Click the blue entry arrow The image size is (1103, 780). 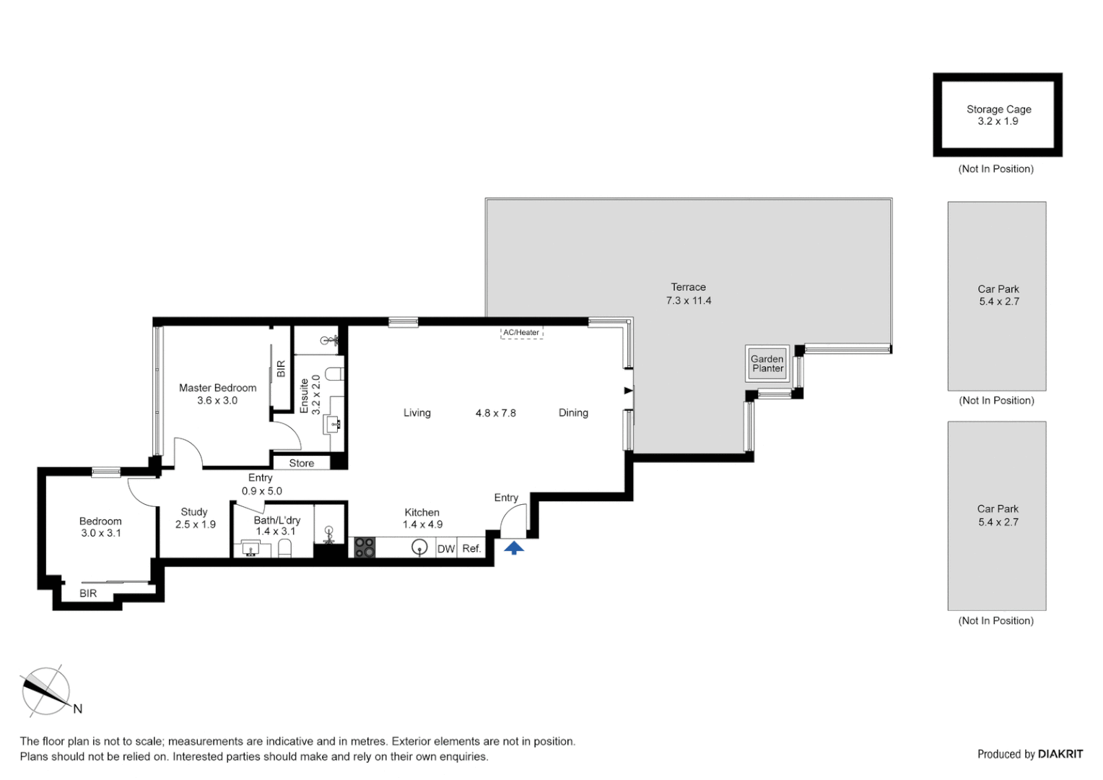click(x=514, y=548)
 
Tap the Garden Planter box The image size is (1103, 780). click(x=767, y=363)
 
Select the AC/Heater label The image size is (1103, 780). click(x=521, y=333)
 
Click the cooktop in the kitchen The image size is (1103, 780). click(x=365, y=547)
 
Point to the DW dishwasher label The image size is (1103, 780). click(x=446, y=549)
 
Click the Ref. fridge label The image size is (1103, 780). click(x=471, y=549)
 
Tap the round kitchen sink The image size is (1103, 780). click(x=419, y=547)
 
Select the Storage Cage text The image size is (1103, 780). click(x=998, y=109)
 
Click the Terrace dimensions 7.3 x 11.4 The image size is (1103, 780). click(x=688, y=300)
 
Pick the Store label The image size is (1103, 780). click(x=302, y=464)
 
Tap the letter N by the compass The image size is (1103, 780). click(x=78, y=709)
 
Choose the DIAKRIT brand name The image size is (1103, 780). click(x=1060, y=754)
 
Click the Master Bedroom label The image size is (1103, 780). click(x=217, y=388)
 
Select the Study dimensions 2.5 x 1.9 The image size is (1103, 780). click(x=195, y=524)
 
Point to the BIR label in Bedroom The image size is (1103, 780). click(x=88, y=594)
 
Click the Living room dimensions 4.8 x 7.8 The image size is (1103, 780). click(x=495, y=413)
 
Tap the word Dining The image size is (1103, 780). click(x=573, y=413)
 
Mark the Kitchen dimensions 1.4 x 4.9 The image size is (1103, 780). click(x=422, y=524)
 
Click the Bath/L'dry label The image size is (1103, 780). click(x=276, y=520)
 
